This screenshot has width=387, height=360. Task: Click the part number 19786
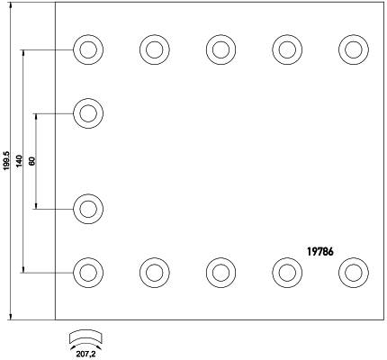pyautogui.click(x=320, y=251)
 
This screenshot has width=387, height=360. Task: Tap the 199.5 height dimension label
pyautogui.click(x=7, y=161)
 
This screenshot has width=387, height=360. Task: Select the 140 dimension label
pyautogui.click(x=20, y=161)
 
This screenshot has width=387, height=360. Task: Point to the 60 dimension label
pyautogui.click(x=32, y=161)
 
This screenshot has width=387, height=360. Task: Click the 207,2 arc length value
pyautogui.click(x=85, y=355)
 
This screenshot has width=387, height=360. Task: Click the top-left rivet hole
pyautogui.click(x=88, y=49)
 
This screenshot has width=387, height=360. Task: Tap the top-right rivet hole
pyautogui.click(x=354, y=49)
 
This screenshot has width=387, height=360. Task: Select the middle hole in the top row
pyautogui.click(x=220, y=49)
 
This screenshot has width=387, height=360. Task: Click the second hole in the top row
pyautogui.click(x=155, y=49)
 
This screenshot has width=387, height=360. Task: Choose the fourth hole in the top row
pyautogui.click(x=287, y=49)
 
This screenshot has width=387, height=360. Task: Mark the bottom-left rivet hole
pyautogui.click(x=88, y=273)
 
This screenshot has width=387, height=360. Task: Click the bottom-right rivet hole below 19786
pyautogui.click(x=354, y=273)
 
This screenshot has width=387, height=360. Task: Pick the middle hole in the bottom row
pyautogui.click(x=220, y=273)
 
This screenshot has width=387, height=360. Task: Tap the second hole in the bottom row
pyautogui.click(x=155, y=273)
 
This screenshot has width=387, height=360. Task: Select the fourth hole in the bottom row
pyautogui.click(x=287, y=273)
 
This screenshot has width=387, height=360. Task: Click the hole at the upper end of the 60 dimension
pyautogui.click(x=88, y=113)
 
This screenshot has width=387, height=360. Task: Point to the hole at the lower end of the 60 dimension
pyautogui.click(x=88, y=209)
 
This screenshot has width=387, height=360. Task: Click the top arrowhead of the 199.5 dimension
pyautogui.click(x=11, y=5)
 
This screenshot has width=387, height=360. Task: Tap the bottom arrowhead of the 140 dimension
pyautogui.click(x=23, y=269)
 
